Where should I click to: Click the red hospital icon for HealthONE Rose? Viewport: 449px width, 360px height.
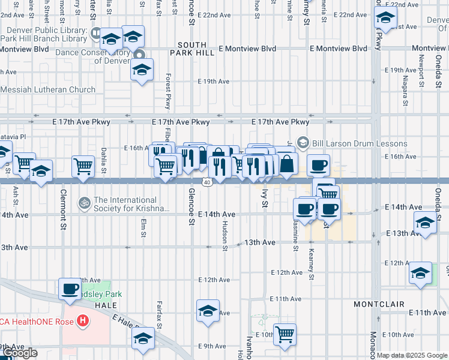pyautogui.click(x=82, y=322)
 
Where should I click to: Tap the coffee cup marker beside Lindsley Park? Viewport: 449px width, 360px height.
pyautogui.click(x=70, y=289)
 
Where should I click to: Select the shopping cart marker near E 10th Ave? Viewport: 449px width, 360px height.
pyautogui.click(x=285, y=334)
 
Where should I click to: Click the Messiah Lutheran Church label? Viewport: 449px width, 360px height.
pyautogui.click(x=48, y=90)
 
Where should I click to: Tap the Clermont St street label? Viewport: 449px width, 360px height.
pyautogui.click(x=63, y=210)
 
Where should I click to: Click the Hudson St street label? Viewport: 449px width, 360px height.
pyautogui.click(x=225, y=235)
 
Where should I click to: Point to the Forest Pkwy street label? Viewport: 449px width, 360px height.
pyautogui.click(x=169, y=90)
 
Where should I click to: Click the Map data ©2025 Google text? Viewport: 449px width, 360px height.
pyautogui.click(x=412, y=355)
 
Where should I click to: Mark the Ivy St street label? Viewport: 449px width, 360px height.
pyautogui.click(x=264, y=199)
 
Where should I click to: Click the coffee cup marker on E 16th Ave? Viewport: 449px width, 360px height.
pyautogui.click(x=318, y=164)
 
